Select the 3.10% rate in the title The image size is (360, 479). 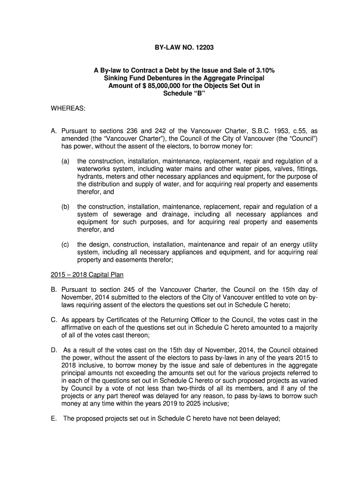[265, 70]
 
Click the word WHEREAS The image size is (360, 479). [68, 109]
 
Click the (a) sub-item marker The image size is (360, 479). [65, 161]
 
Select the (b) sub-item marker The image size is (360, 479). [65, 207]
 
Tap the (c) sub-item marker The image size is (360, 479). [65, 245]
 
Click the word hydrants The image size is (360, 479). [91, 176]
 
